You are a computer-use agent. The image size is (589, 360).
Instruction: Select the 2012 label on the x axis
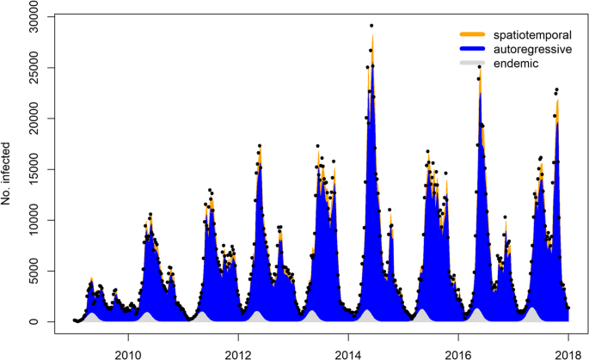[x=238, y=352]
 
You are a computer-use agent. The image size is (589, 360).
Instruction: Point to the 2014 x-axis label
[x=348, y=352]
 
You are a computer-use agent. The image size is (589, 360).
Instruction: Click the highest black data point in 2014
[x=371, y=26]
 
